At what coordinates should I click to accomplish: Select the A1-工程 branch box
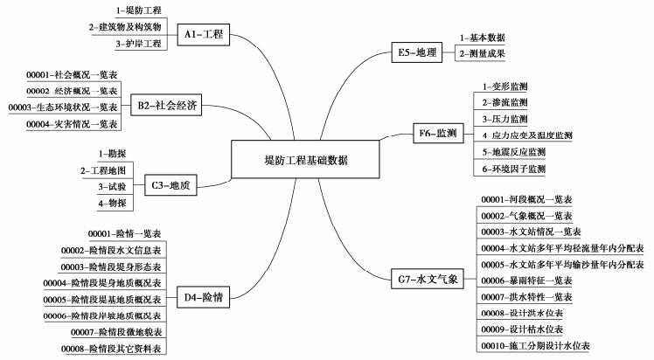[205, 35]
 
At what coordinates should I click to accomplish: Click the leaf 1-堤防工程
[138, 10]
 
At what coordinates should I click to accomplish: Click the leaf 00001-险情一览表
[125, 234]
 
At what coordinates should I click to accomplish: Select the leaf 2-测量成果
[483, 54]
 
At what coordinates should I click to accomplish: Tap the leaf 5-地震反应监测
[514, 152]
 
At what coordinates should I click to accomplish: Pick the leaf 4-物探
[113, 203]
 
